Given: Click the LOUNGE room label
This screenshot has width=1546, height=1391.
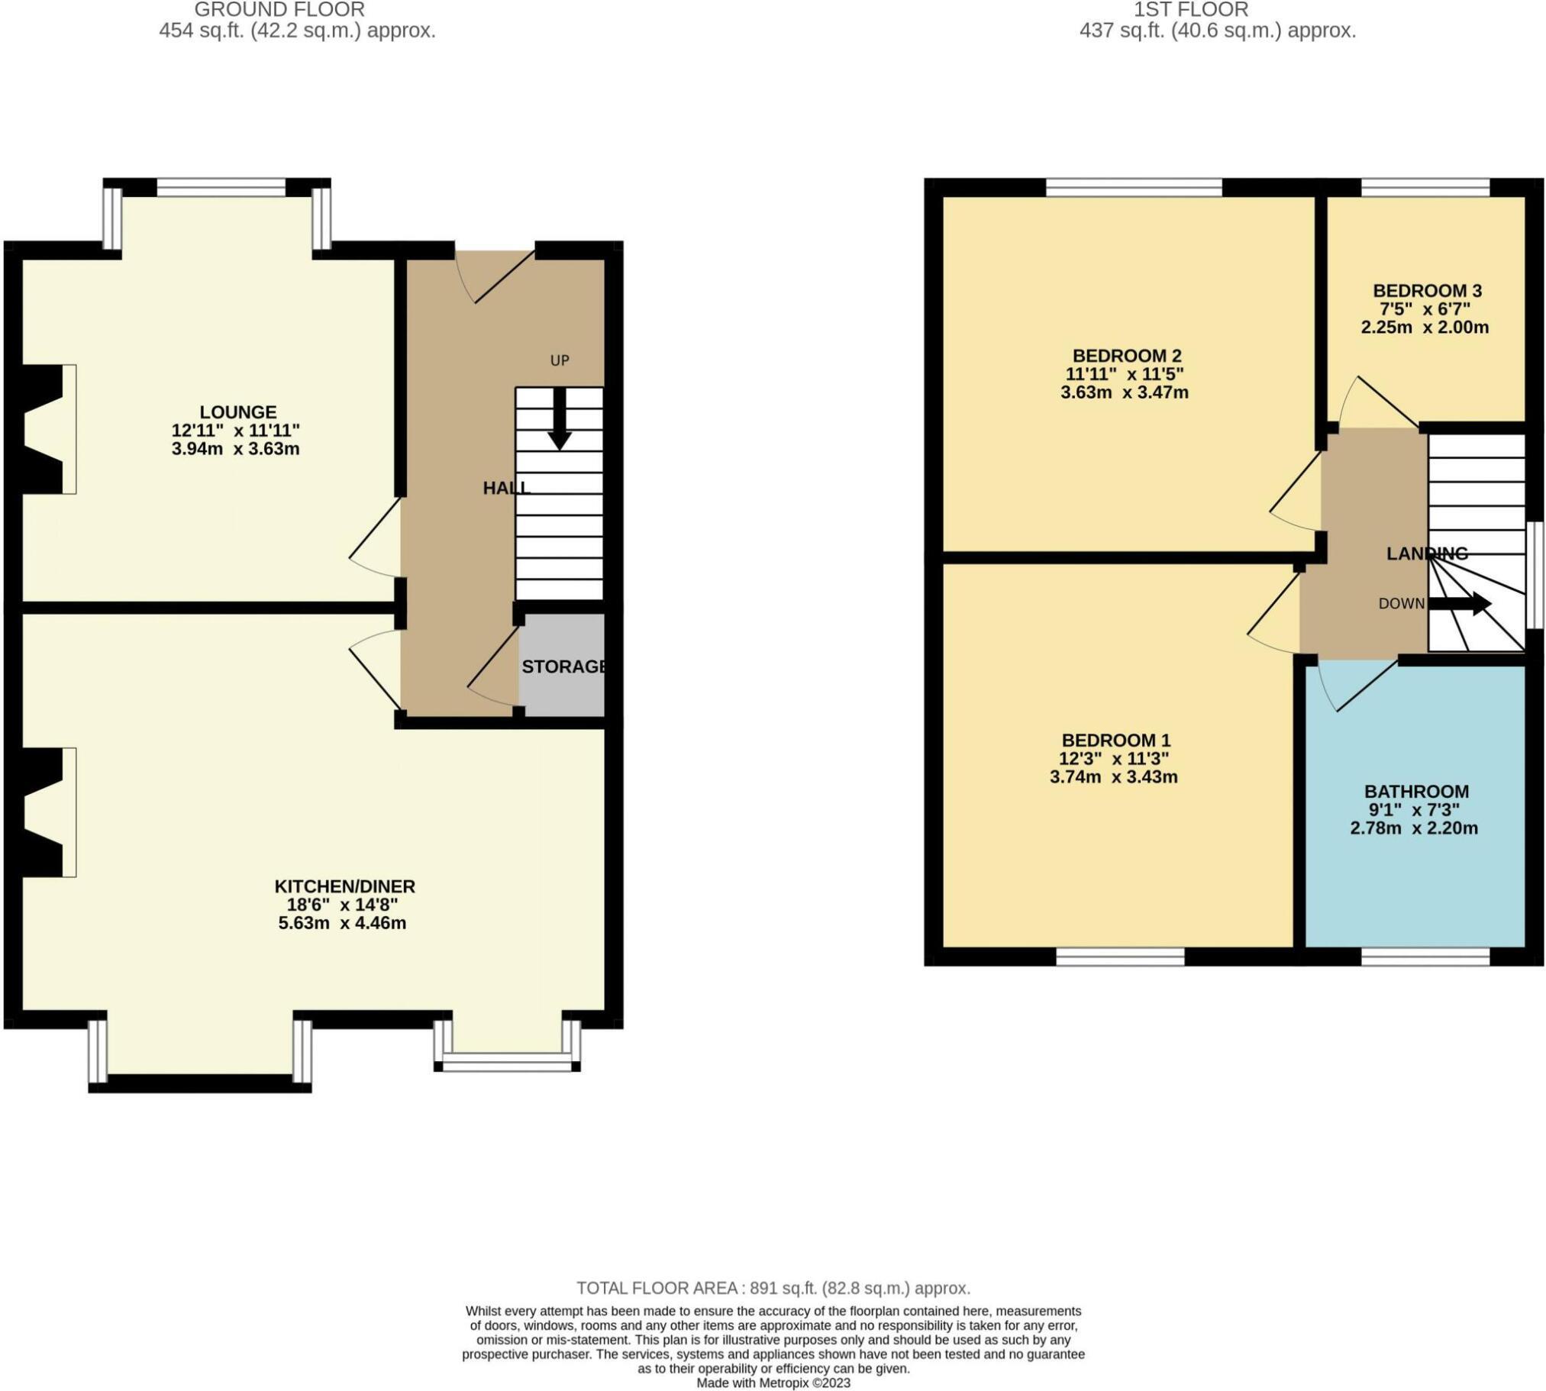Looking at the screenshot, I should click(237, 412).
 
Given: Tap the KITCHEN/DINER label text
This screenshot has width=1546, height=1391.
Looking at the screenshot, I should click(344, 886).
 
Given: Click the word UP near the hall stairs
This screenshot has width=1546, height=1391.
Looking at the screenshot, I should click(560, 360).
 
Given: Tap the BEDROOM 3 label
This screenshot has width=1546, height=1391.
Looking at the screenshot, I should click(1427, 290).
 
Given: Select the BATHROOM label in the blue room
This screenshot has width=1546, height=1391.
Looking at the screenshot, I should click(1416, 791).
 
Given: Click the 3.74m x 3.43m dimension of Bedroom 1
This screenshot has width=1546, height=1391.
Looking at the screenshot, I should click(1113, 777).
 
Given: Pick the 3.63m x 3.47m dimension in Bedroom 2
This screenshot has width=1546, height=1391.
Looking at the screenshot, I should click(1124, 393).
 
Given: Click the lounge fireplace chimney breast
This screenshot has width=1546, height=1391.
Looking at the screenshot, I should click(43, 430).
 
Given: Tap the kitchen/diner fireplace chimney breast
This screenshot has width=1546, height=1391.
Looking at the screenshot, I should click(43, 812).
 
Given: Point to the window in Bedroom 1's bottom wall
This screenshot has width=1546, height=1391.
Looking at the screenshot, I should click(1120, 955).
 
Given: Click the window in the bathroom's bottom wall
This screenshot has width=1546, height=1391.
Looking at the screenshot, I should click(1425, 955).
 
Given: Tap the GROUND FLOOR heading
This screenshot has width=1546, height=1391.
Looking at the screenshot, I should click(279, 10).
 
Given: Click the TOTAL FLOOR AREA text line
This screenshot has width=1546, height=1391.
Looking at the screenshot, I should click(773, 1288).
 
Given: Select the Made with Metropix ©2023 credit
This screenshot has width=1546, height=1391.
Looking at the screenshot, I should click(773, 1383).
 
